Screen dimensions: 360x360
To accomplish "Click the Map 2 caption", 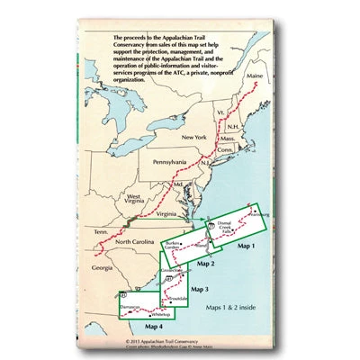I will tap(206, 263).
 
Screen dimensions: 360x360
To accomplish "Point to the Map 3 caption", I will tap(200, 289).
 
